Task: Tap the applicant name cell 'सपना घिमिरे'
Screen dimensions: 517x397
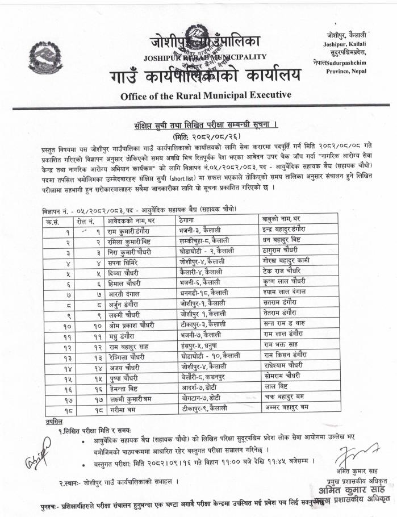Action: point(124,262)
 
